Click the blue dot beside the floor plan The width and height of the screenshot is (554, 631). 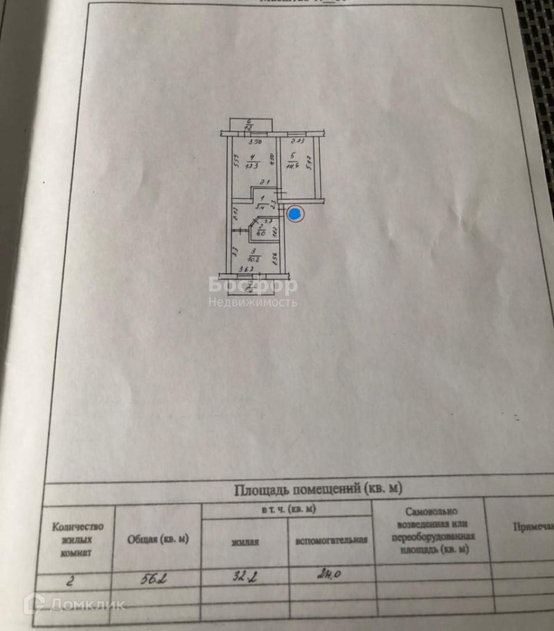pyautogui.click(x=296, y=214)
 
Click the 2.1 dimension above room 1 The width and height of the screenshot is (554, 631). pyautogui.click(x=264, y=183)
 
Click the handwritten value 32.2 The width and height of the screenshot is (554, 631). pyautogui.click(x=242, y=578)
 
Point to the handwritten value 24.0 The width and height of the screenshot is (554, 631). pyautogui.click(x=328, y=576)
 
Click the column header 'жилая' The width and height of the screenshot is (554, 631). pyautogui.click(x=245, y=542)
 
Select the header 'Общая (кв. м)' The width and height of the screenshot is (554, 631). pyautogui.click(x=158, y=539)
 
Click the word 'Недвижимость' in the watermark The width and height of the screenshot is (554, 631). pyautogui.click(x=253, y=303)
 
